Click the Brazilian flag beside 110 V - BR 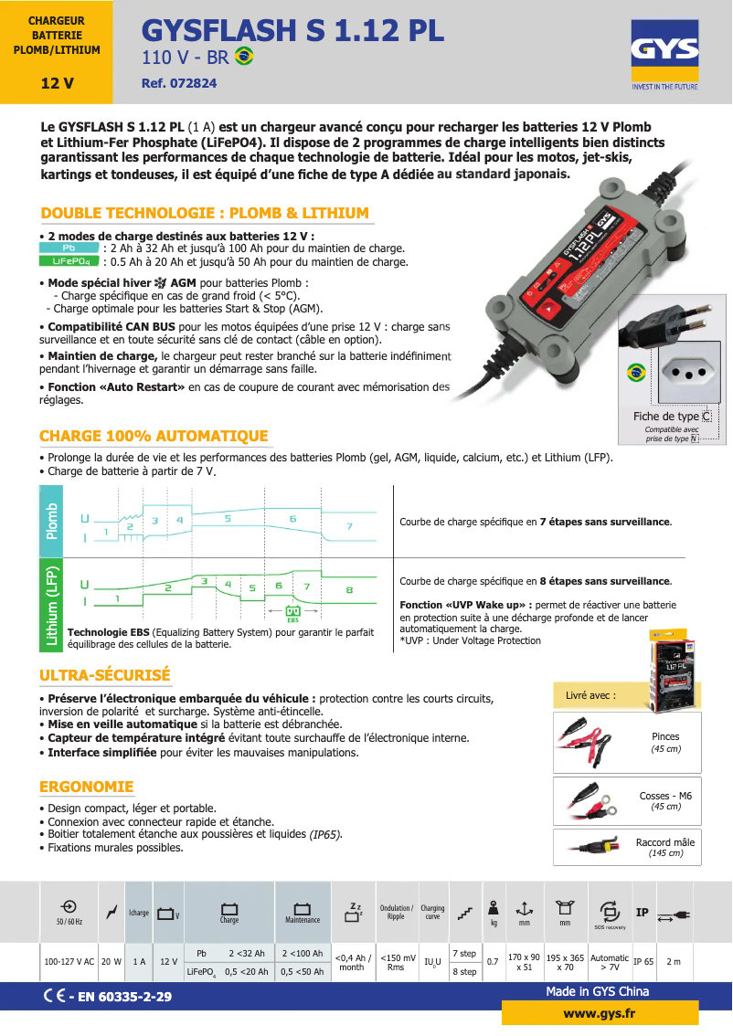click(x=244, y=57)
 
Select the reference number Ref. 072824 click(x=179, y=83)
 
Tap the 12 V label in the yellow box click(x=57, y=84)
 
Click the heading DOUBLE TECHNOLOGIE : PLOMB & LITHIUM click(x=205, y=213)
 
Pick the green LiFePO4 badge click(x=69, y=261)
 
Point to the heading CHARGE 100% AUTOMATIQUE click(x=154, y=436)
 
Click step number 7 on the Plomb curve click(x=348, y=527)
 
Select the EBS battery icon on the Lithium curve click(x=293, y=611)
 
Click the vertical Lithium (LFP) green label click(x=52, y=607)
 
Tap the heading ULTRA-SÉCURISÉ click(x=105, y=675)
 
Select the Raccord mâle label click(x=664, y=842)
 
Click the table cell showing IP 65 click(x=643, y=962)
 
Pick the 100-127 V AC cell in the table click(x=69, y=962)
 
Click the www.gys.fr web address click(x=600, y=1014)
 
